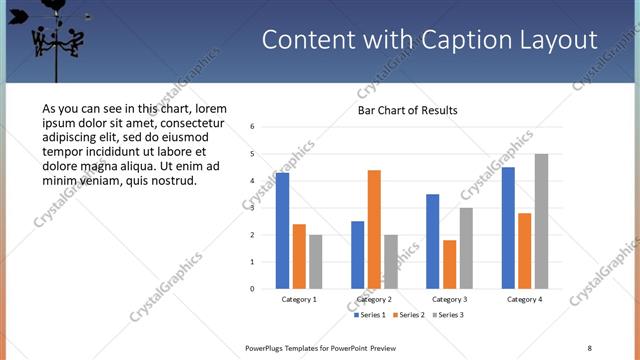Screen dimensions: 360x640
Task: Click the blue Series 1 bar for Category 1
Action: tap(283, 231)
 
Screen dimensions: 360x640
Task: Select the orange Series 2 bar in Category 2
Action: tap(374, 230)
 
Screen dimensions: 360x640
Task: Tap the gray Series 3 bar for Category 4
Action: tap(541, 221)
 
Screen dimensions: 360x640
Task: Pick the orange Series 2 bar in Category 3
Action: tap(449, 264)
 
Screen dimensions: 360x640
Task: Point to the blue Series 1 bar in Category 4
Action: tap(509, 228)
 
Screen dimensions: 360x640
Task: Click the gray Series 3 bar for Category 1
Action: tap(315, 262)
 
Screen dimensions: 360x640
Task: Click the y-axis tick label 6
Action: tap(253, 127)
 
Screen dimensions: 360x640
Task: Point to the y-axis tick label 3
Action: tap(253, 208)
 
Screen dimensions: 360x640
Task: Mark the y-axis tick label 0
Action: tap(253, 289)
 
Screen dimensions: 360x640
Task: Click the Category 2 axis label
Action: tap(374, 299)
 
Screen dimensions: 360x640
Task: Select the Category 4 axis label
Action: tap(524, 299)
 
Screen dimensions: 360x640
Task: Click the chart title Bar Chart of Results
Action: tap(408, 110)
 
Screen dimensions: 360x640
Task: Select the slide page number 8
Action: tap(590, 347)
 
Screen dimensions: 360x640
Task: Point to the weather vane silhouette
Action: tap(56, 35)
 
